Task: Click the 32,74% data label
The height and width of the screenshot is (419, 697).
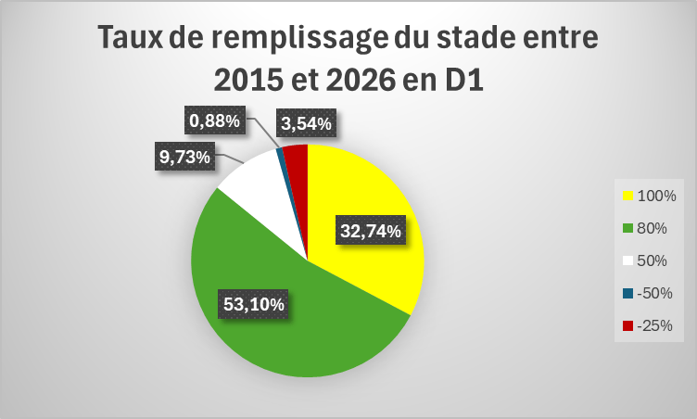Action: point(371,231)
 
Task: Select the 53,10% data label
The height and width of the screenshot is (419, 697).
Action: point(253,304)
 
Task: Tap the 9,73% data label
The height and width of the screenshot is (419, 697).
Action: point(184,156)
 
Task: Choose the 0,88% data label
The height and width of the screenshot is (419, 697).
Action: point(215,121)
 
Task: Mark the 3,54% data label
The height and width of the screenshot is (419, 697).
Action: point(306,123)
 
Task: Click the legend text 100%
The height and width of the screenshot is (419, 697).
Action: point(656,196)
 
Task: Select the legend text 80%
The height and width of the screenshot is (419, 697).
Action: point(653,228)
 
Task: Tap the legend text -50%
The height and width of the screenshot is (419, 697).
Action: point(654,293)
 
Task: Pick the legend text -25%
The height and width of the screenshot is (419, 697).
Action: point(654,325)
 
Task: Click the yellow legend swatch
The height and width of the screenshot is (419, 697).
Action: point(627,196)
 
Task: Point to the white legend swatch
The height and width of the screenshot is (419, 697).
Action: point(627,260)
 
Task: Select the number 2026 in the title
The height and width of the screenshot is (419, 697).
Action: point(361,81)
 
